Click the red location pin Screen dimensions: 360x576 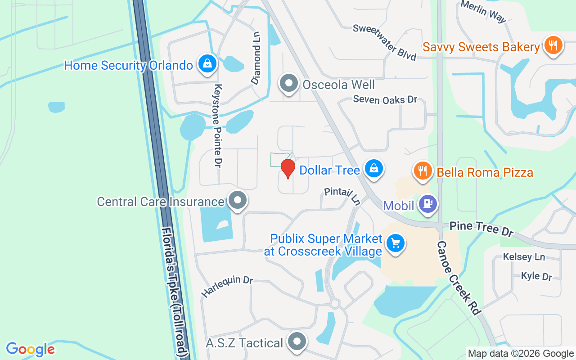coord(288,168)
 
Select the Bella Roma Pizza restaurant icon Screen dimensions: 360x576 coord(422,171)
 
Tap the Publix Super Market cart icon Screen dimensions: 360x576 coord(396,243)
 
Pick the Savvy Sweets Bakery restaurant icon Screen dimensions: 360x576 coord(553,46)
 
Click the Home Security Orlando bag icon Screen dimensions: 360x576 coord(207,64)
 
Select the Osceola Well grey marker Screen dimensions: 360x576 coord(288,84)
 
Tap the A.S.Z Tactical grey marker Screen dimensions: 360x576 coord(297,342)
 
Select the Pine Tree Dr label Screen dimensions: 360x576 coord(481,228)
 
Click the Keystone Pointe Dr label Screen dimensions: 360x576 coord(218,126)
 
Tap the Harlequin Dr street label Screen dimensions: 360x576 coord(227,286)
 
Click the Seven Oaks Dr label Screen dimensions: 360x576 coord(385,99)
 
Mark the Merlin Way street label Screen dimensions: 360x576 coord(483,11)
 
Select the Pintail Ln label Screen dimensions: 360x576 coord(342,196)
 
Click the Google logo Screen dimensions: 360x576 coord(30,349)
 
